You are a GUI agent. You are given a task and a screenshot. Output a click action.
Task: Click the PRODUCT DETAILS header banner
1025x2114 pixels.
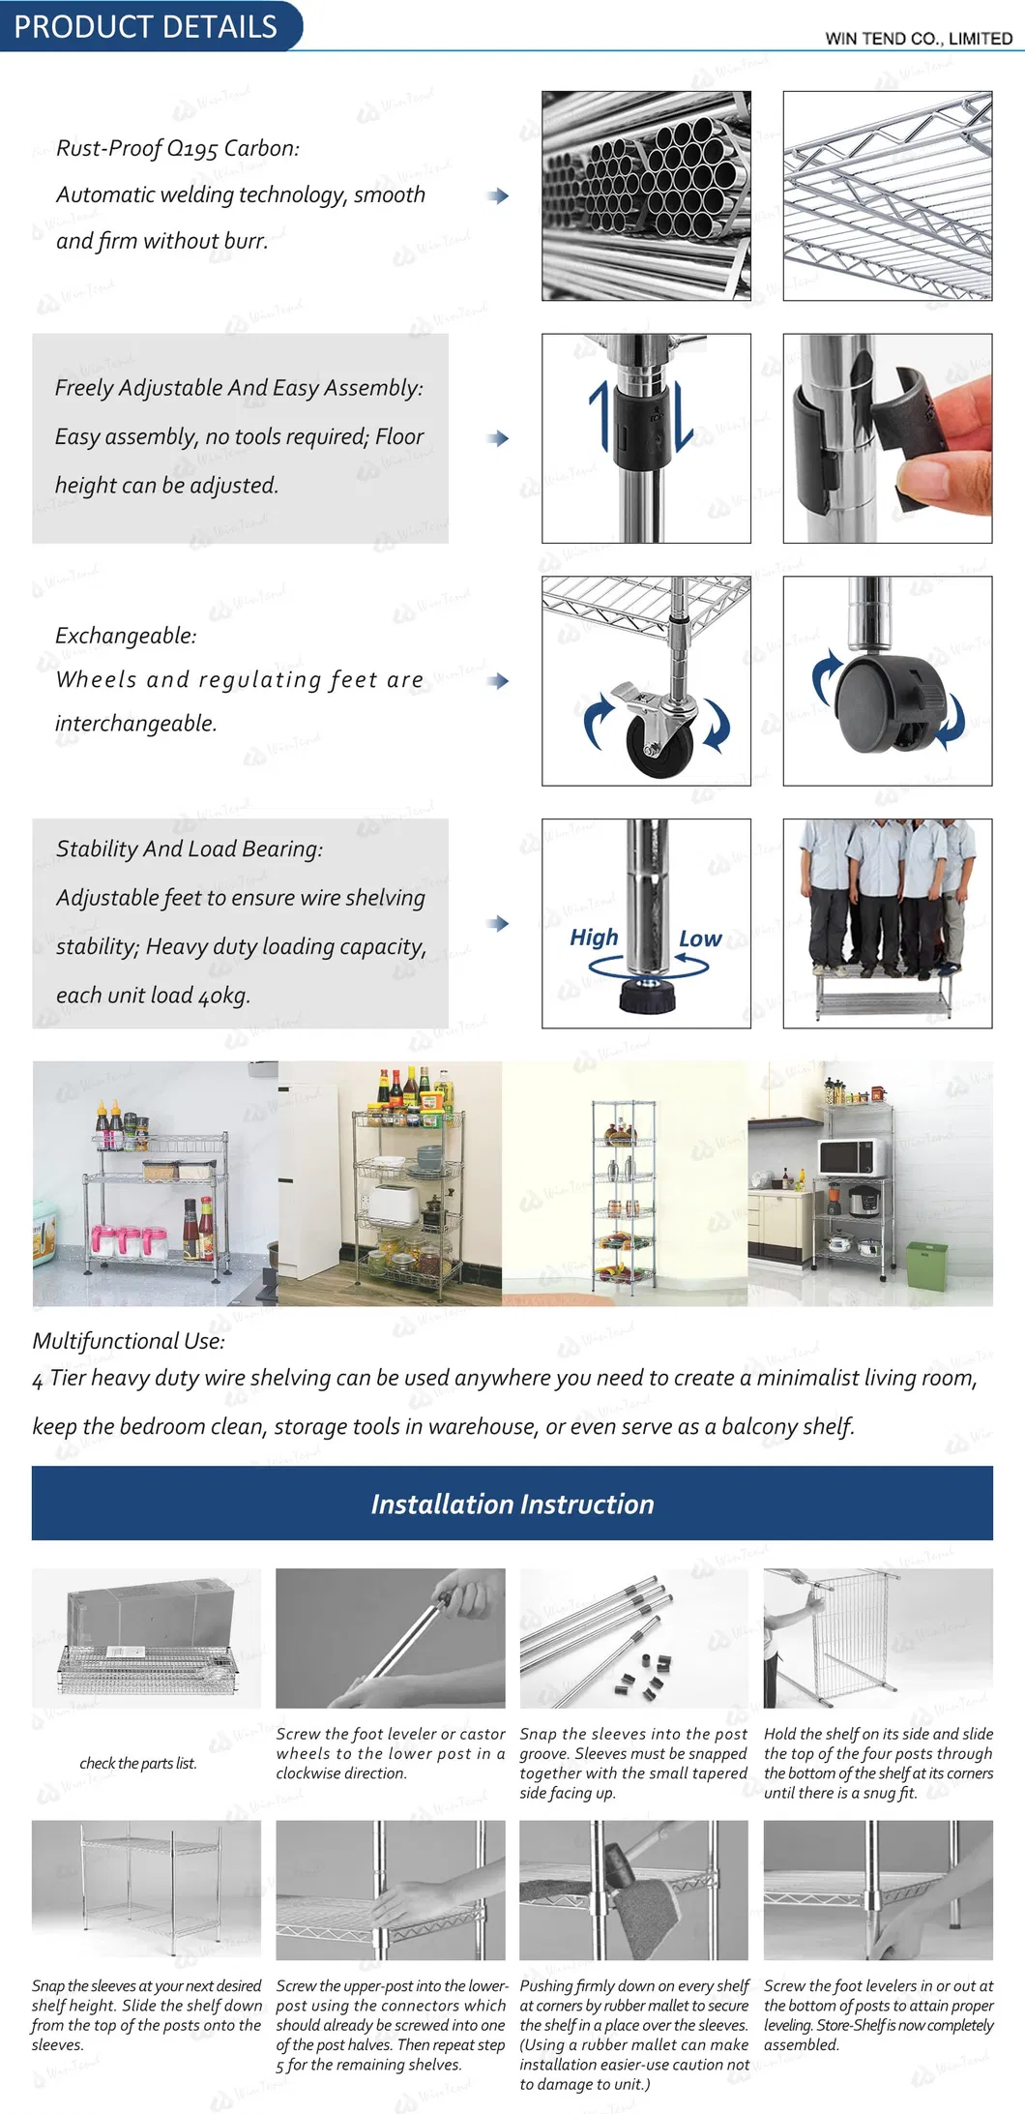click(x=145, y=26)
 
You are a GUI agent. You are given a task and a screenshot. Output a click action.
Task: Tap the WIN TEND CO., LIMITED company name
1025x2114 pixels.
click(x=918, y=39)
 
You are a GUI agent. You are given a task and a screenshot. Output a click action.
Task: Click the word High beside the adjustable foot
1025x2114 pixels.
click(x=593, y=938)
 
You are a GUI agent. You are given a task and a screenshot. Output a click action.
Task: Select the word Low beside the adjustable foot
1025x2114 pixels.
click(x=699, y=938)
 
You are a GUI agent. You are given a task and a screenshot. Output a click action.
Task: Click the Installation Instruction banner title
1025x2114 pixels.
click(x=512, y=1504)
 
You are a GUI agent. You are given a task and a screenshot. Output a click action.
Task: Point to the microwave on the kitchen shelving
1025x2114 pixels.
click(x=846, y=1156)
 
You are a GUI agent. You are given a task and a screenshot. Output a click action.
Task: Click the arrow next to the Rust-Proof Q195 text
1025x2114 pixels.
click(x=498, y=195)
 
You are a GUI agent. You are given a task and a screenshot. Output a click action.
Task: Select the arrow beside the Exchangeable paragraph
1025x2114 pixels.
click(x=498, y=680)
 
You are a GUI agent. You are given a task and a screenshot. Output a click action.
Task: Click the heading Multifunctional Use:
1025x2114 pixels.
click(x=128, y=1341)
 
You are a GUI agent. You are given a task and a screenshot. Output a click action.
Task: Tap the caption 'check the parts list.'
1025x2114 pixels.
click(x=137, y=1763)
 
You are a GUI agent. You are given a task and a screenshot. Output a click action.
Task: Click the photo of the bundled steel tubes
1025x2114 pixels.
click(x=646, y=195)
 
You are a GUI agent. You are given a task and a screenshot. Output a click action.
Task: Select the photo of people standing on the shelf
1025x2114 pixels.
click(x=887, y=923)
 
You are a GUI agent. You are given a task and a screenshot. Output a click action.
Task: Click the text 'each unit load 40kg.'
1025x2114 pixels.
click(x=153, y=995)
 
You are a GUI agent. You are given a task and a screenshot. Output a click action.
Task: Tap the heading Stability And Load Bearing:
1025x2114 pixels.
click(x=189, y=849)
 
